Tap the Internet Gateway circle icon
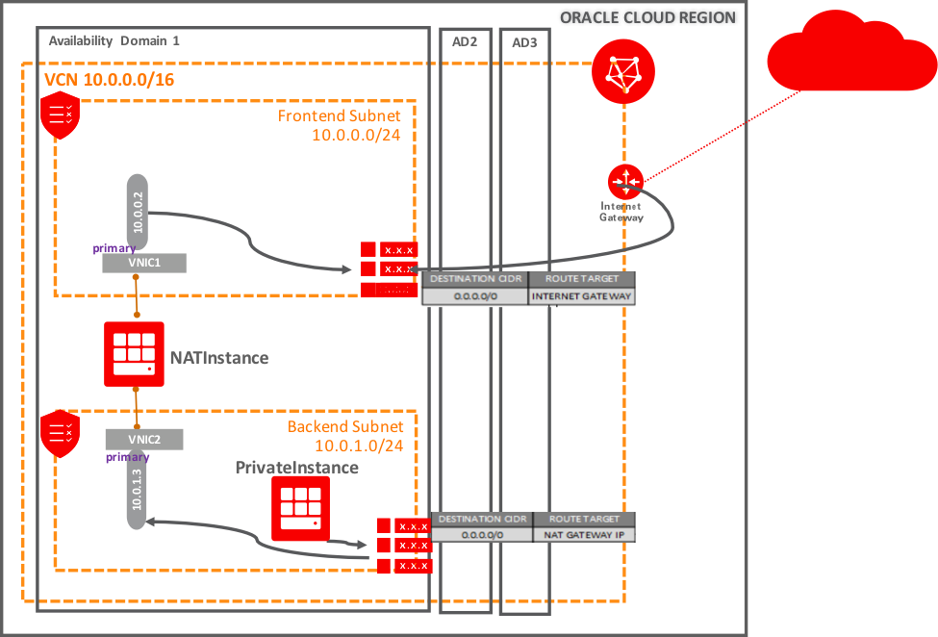(624, 180)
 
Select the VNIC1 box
(143, 263)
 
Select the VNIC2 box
(143, 439)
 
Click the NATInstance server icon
(134, 354)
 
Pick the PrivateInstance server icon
(300, 508)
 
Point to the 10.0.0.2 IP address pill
(137, 212)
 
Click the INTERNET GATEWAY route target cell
(582, 296)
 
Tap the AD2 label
(465, 42)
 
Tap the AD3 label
(524, 42)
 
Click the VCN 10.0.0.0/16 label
(110, 79)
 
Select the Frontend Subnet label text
(339, 116)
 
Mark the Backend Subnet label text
(351, 426)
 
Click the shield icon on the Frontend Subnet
(61, 115)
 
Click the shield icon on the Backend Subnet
(60, 433)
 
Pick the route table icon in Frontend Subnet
(389, 269)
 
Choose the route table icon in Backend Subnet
(403, 546)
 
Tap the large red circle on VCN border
(622, 72)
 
